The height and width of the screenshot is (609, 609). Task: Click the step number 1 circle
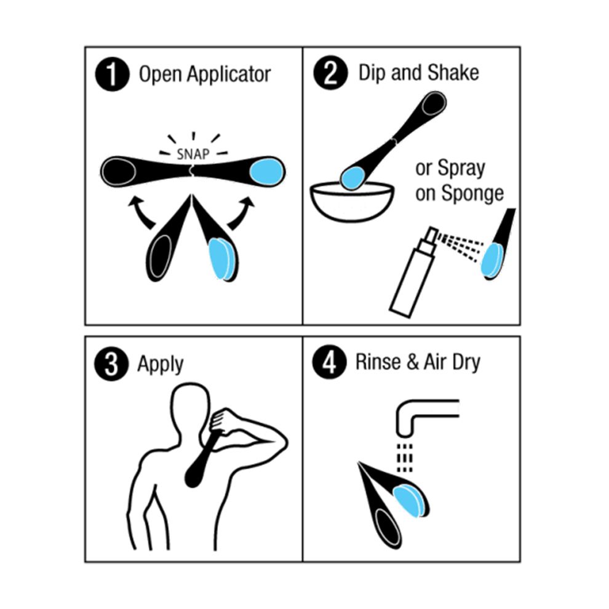(x=112, y=74)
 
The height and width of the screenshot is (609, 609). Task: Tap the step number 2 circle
(x=330, y=73)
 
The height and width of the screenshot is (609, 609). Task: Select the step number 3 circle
(x=111, y=364)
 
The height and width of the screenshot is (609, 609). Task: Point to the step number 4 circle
(x=329, y=362)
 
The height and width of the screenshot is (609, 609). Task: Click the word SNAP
(x=193, y=154)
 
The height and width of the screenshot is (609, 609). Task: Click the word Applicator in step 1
(x=229, y=74)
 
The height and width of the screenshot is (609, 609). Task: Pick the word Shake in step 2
(x=453, y=73)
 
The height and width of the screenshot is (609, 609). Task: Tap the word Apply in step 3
(x=160, y=365)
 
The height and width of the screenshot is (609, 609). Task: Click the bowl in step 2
(x=352, y=201)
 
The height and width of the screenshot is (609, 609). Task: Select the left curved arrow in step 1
(x=141, y=212)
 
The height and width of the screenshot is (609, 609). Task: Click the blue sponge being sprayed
(x=493, y=260)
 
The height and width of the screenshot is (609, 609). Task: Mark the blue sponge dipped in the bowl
(x=352, y=178)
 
